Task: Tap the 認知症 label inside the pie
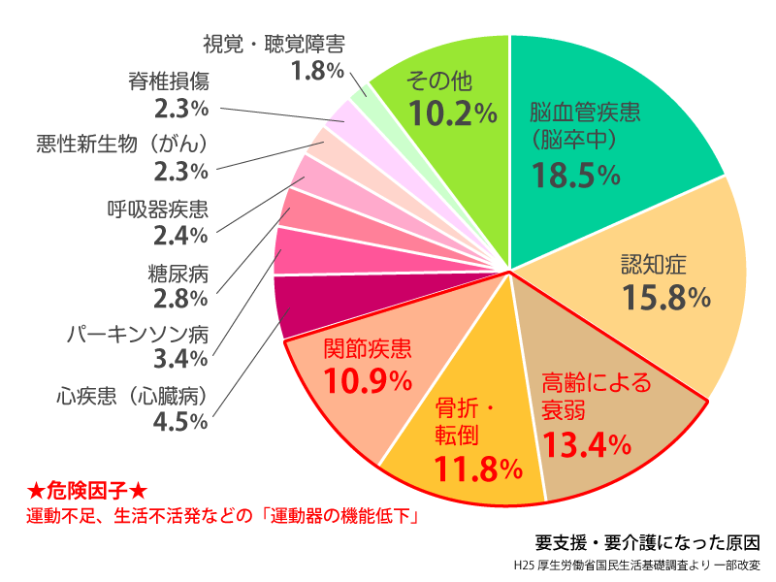click(x=654, y=264)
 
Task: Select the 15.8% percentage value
click(x=654, y=297)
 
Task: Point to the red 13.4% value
click(x=587, y=444)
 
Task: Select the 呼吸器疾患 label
click(x=157, y=208)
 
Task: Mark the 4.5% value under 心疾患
click(x=181, y=421)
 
